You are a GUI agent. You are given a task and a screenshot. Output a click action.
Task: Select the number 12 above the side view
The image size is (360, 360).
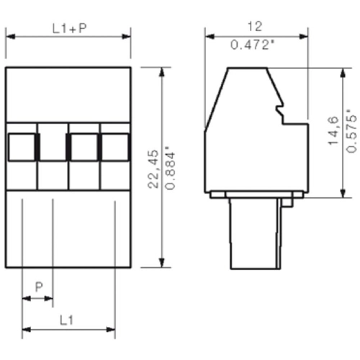[x=253, y=26]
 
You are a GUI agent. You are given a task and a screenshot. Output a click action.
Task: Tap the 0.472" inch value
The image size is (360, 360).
[x=253, y=45]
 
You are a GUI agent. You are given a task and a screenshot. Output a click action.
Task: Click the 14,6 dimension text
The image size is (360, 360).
[x=333, y=132]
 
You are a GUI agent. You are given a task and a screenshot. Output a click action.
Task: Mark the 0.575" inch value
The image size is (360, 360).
[x=351, y=131]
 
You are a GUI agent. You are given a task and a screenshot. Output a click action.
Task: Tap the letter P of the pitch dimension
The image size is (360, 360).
[x=39, y=287]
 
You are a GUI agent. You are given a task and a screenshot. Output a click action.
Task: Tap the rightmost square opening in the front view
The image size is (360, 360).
[x=114, y=147]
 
